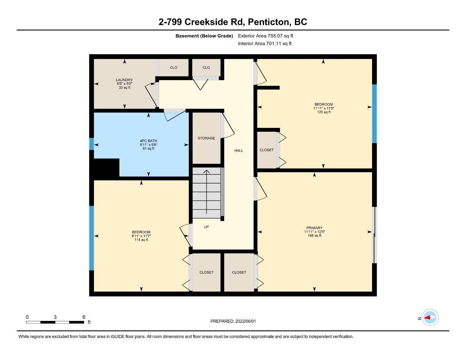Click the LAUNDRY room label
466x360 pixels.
[124, 80]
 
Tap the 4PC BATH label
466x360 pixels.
[149, 141]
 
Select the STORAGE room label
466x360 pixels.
[206, 138]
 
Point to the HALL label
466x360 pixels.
[239, 151]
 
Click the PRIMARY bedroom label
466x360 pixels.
[315, 228]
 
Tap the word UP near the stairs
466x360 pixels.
[206, 227]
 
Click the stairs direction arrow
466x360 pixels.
[206, 192]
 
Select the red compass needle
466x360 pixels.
[427, 317]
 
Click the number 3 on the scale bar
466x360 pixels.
[55, 317]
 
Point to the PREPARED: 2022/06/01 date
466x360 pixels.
[233, 321]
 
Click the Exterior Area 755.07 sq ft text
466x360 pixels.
[265, 36]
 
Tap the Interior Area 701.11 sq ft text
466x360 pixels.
[265, 44]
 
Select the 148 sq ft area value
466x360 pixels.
[315, 236]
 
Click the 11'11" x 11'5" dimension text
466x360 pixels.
[324, 108]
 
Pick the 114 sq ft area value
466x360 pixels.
[141, 240]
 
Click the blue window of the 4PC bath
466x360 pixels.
[92, 144]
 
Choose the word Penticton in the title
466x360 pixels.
[269, 22]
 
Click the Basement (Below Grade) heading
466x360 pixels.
[204, 36]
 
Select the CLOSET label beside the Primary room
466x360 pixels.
[239, 272]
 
